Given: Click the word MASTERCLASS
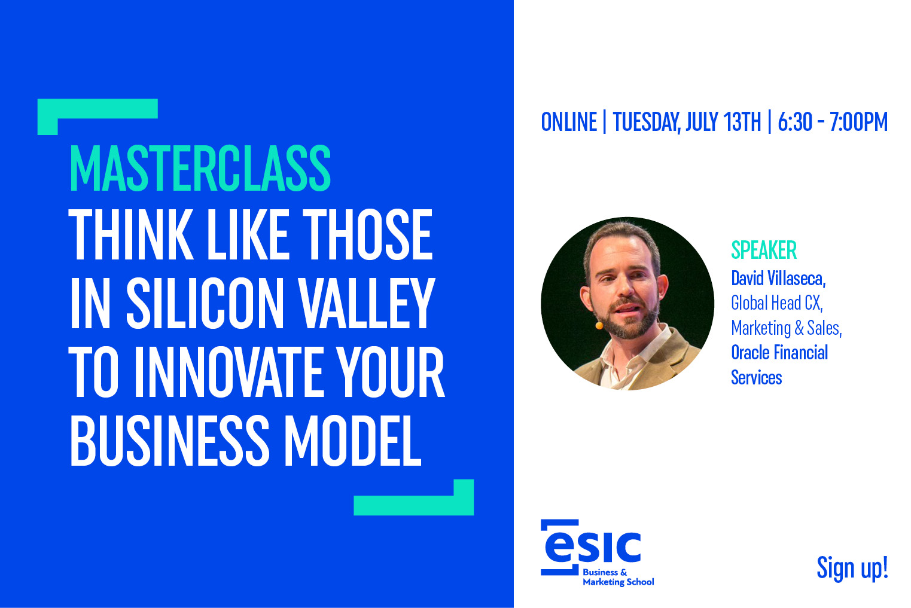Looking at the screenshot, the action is click(200, 168).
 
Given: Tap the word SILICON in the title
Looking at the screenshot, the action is click(205, 304).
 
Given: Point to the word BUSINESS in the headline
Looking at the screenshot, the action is click(170, 441).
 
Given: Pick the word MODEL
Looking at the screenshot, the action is click(352, 441).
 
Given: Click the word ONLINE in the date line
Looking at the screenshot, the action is click(569, 121).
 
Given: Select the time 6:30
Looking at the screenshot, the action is click(795, 121).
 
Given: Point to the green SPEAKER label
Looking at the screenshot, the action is click(764, 250).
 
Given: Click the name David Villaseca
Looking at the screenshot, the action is click(778, 279).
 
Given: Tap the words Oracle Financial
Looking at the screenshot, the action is click(779, 352).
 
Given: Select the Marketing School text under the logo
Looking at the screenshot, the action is click(618, 582).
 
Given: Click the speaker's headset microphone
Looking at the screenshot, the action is click(599, 325).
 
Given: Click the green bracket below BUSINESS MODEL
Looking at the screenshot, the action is click(413, 505).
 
